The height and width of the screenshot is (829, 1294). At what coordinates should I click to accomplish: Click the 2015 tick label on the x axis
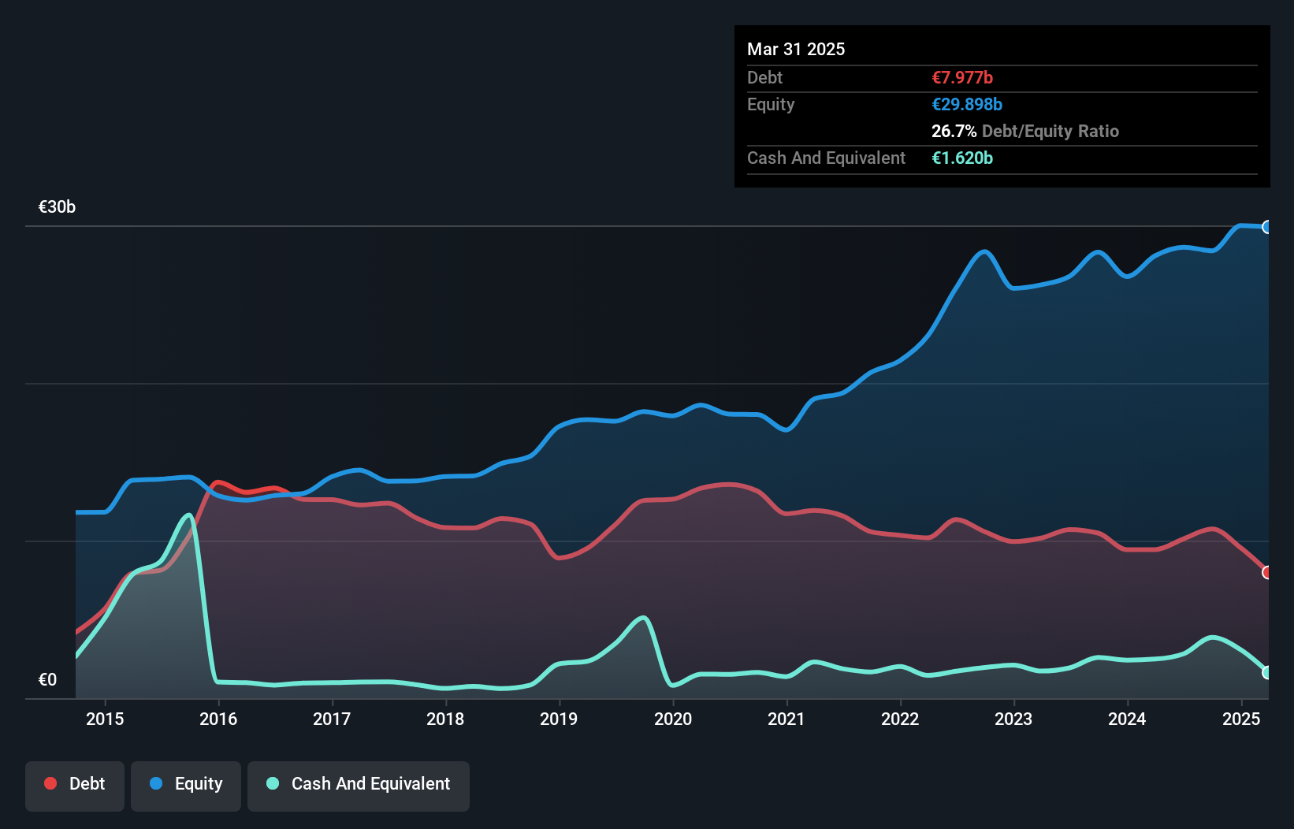[105, 719]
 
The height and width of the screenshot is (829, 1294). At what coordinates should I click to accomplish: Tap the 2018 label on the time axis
[445, 719]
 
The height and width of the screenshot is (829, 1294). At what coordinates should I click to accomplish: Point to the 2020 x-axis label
[673, 719]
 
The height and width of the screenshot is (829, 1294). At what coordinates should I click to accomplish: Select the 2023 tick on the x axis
[1013, 719]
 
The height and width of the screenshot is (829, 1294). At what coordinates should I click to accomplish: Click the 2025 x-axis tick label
[1241, 719]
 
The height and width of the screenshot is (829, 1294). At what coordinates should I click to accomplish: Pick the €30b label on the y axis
[57, 207]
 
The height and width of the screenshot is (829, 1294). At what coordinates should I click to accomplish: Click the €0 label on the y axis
[47, 680]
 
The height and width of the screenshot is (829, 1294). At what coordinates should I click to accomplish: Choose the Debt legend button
[75, 784]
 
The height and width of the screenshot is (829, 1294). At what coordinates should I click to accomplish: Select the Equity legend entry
[186, 784]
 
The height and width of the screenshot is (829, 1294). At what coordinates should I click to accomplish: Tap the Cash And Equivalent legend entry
[359, 784]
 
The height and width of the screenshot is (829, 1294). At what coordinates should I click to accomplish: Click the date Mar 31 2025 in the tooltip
[796, 50]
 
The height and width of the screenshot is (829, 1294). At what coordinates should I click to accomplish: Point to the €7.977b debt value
[962, 78]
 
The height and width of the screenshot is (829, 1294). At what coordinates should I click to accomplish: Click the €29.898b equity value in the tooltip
[967, 105]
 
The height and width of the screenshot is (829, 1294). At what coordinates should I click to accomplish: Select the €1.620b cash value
[962, 158]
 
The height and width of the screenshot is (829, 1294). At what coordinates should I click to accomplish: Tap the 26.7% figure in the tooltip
[954, 132]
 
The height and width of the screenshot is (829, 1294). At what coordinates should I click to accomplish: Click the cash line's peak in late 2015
[189, 515]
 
